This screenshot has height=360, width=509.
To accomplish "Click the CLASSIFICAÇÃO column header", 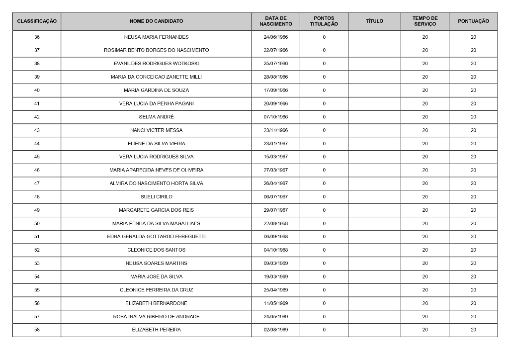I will point(37,21).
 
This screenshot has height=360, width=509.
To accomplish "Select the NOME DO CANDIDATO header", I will point(156,21).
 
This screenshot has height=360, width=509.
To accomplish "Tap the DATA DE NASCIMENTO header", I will point(276,21).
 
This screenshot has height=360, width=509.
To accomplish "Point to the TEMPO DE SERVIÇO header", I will point(425,21).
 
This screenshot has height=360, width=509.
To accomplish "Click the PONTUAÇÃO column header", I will point(473,21).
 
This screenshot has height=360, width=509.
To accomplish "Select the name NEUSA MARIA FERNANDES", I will point(156,37).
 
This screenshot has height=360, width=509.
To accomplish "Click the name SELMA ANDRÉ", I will point(156,117).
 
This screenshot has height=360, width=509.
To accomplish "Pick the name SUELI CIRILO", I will point(156,197).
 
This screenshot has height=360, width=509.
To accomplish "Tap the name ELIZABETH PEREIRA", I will point(156,330).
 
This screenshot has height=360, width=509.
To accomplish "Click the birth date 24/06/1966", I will point(276,37).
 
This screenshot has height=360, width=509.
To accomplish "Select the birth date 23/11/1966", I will point(276,130).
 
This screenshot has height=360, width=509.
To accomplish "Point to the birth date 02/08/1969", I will point(276,330).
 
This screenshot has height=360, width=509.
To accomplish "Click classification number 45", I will point(37,157).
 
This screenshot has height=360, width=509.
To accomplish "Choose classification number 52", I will point(37,250).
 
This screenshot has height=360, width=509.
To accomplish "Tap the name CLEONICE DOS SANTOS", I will point(156,250).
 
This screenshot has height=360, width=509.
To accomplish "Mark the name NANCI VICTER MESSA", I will point(156,130).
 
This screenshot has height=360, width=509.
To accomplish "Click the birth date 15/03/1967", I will point(276,157).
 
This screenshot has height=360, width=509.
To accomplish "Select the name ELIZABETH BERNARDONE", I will point(156,303).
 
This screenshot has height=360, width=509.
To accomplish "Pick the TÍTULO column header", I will point(374,21).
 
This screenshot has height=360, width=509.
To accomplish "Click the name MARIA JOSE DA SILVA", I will point(156,276).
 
